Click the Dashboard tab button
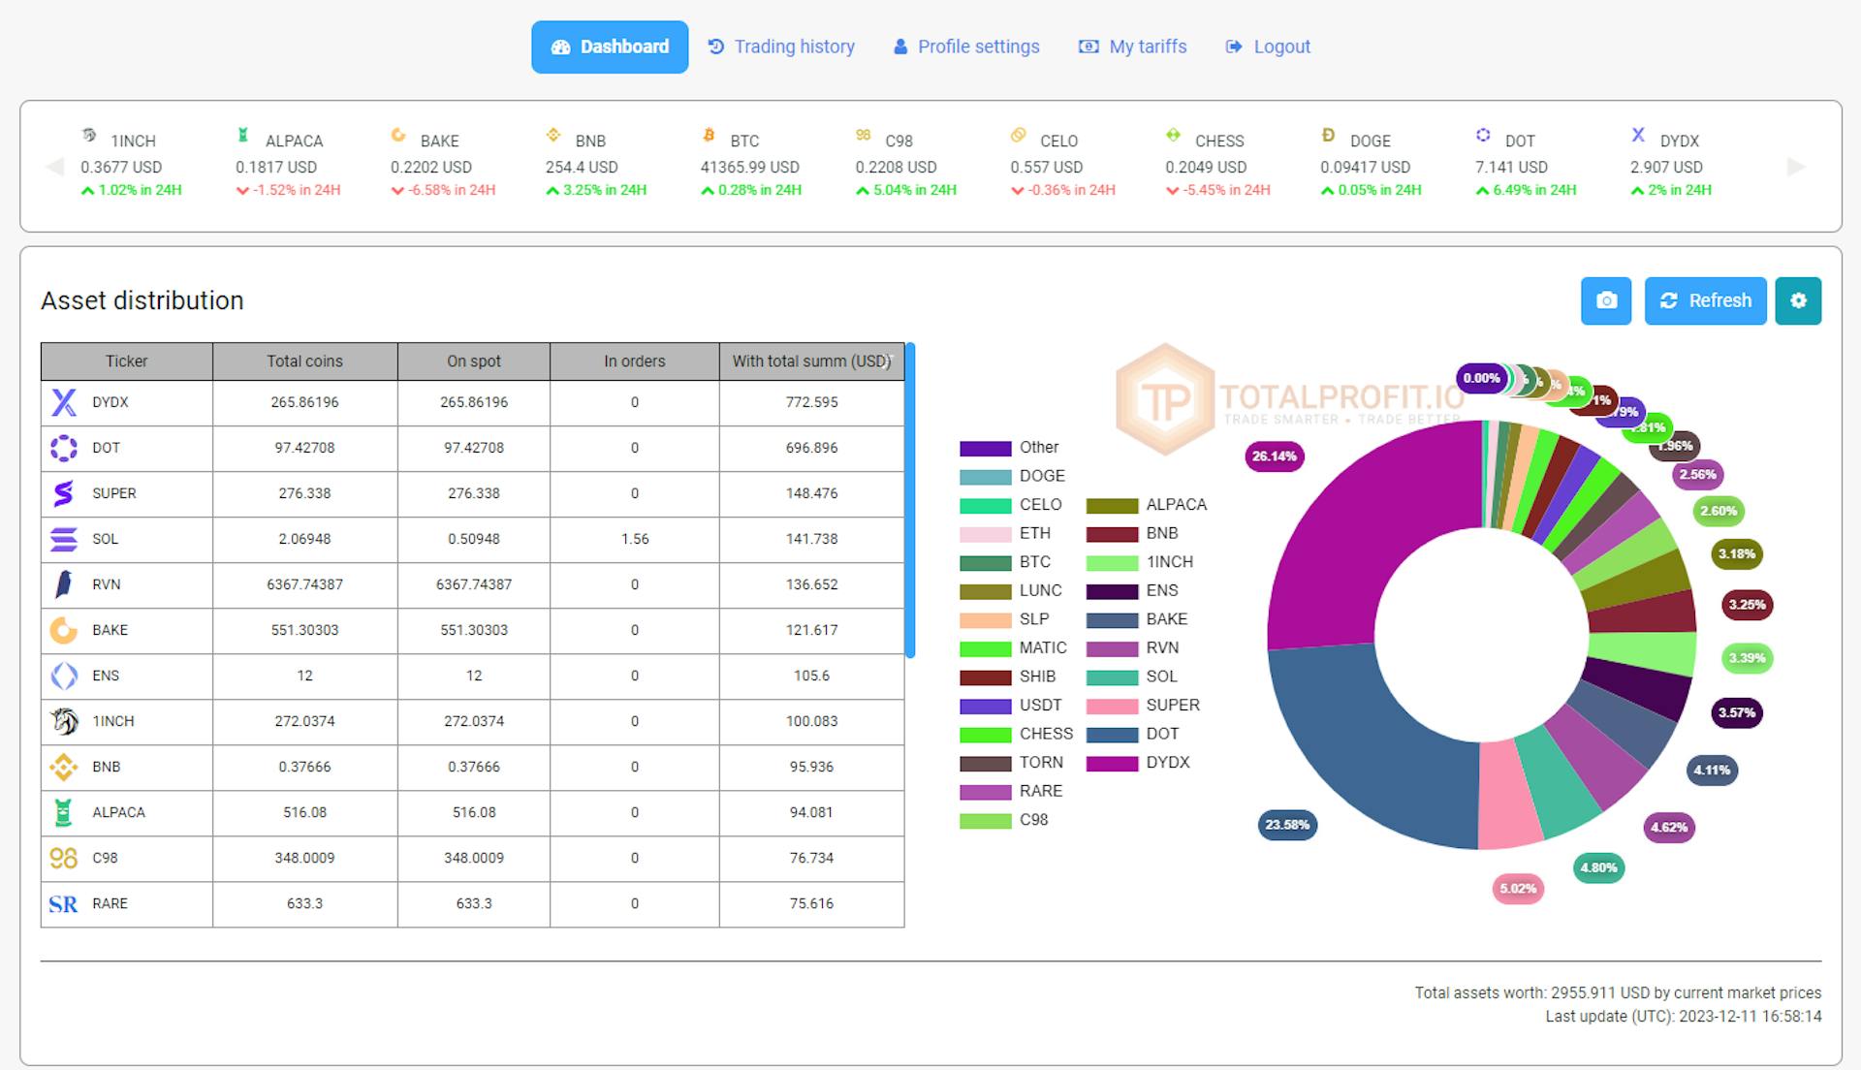(610, 47)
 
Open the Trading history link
(781, 47)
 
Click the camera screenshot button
(1606, 300)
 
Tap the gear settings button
(1798, 300)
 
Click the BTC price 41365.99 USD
(749, 167)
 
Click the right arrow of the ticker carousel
(1795, 167)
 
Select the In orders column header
(634, 361)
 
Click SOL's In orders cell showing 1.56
(634, 539)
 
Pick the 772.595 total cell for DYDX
(811, 402)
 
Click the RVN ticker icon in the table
(64, 584)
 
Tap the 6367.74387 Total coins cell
(304, 584)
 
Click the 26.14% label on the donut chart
(1274, 456)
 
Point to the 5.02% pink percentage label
(1517, 889)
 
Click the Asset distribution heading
(142, 300)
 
